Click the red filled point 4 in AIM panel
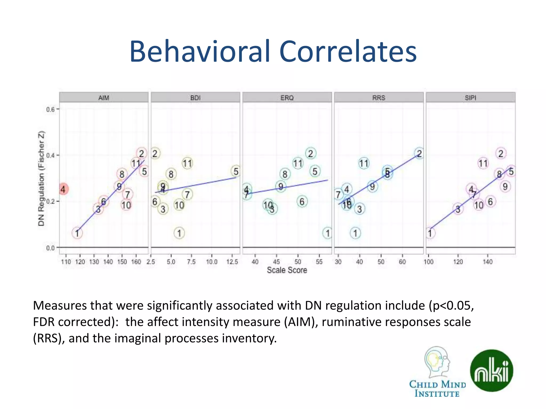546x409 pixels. pos(63,189)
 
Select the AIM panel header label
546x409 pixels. pos(104,98)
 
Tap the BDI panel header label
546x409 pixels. pos(195,98)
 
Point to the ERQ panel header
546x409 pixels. pos(287,98)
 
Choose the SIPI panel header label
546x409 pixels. pos(471,98)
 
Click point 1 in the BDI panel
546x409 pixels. pos(179,233)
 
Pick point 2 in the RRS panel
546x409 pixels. pos(419,154)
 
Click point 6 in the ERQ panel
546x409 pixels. pos(302,202)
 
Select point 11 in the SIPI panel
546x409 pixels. pos(483,163)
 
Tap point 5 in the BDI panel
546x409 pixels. pos(236,171)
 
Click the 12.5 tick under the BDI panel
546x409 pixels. pos(232,262)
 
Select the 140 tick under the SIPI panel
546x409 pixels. pos(488,262)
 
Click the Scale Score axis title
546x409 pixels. pos(287,270)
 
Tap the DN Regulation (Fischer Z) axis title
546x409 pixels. pos(41,178)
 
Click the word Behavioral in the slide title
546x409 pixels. pos(200,51)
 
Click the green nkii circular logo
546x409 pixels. pos(491,371)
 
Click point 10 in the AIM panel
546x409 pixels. pos(126,205)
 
